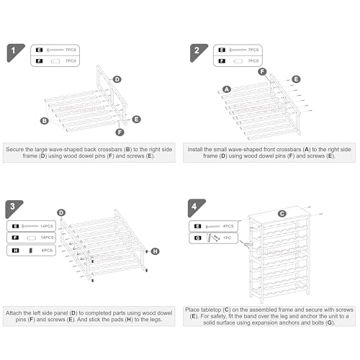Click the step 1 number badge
[x=14, y=51]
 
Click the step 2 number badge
[x=197, y=51]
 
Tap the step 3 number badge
[x=13, y=207]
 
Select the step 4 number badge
[x=195, y=207]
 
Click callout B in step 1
[x=45, y=121]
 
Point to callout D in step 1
[x=117, y=79]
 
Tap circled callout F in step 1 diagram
[x=120, y=132]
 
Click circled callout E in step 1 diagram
[x=137, y=120]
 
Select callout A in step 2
[x=227, y=89]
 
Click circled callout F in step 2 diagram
[x=262, y=71]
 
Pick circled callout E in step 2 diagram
[x=296, y=79]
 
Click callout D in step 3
[x=61, y=212]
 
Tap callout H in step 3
[x=156, y=251]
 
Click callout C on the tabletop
[x=282, y=214]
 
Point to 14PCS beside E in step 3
[x=47, y=226]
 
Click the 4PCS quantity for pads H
[x=47, y=251]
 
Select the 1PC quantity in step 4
[x=228, y=238]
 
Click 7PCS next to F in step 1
[x=71, y=61]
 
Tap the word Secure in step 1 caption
[x=14, y=149]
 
